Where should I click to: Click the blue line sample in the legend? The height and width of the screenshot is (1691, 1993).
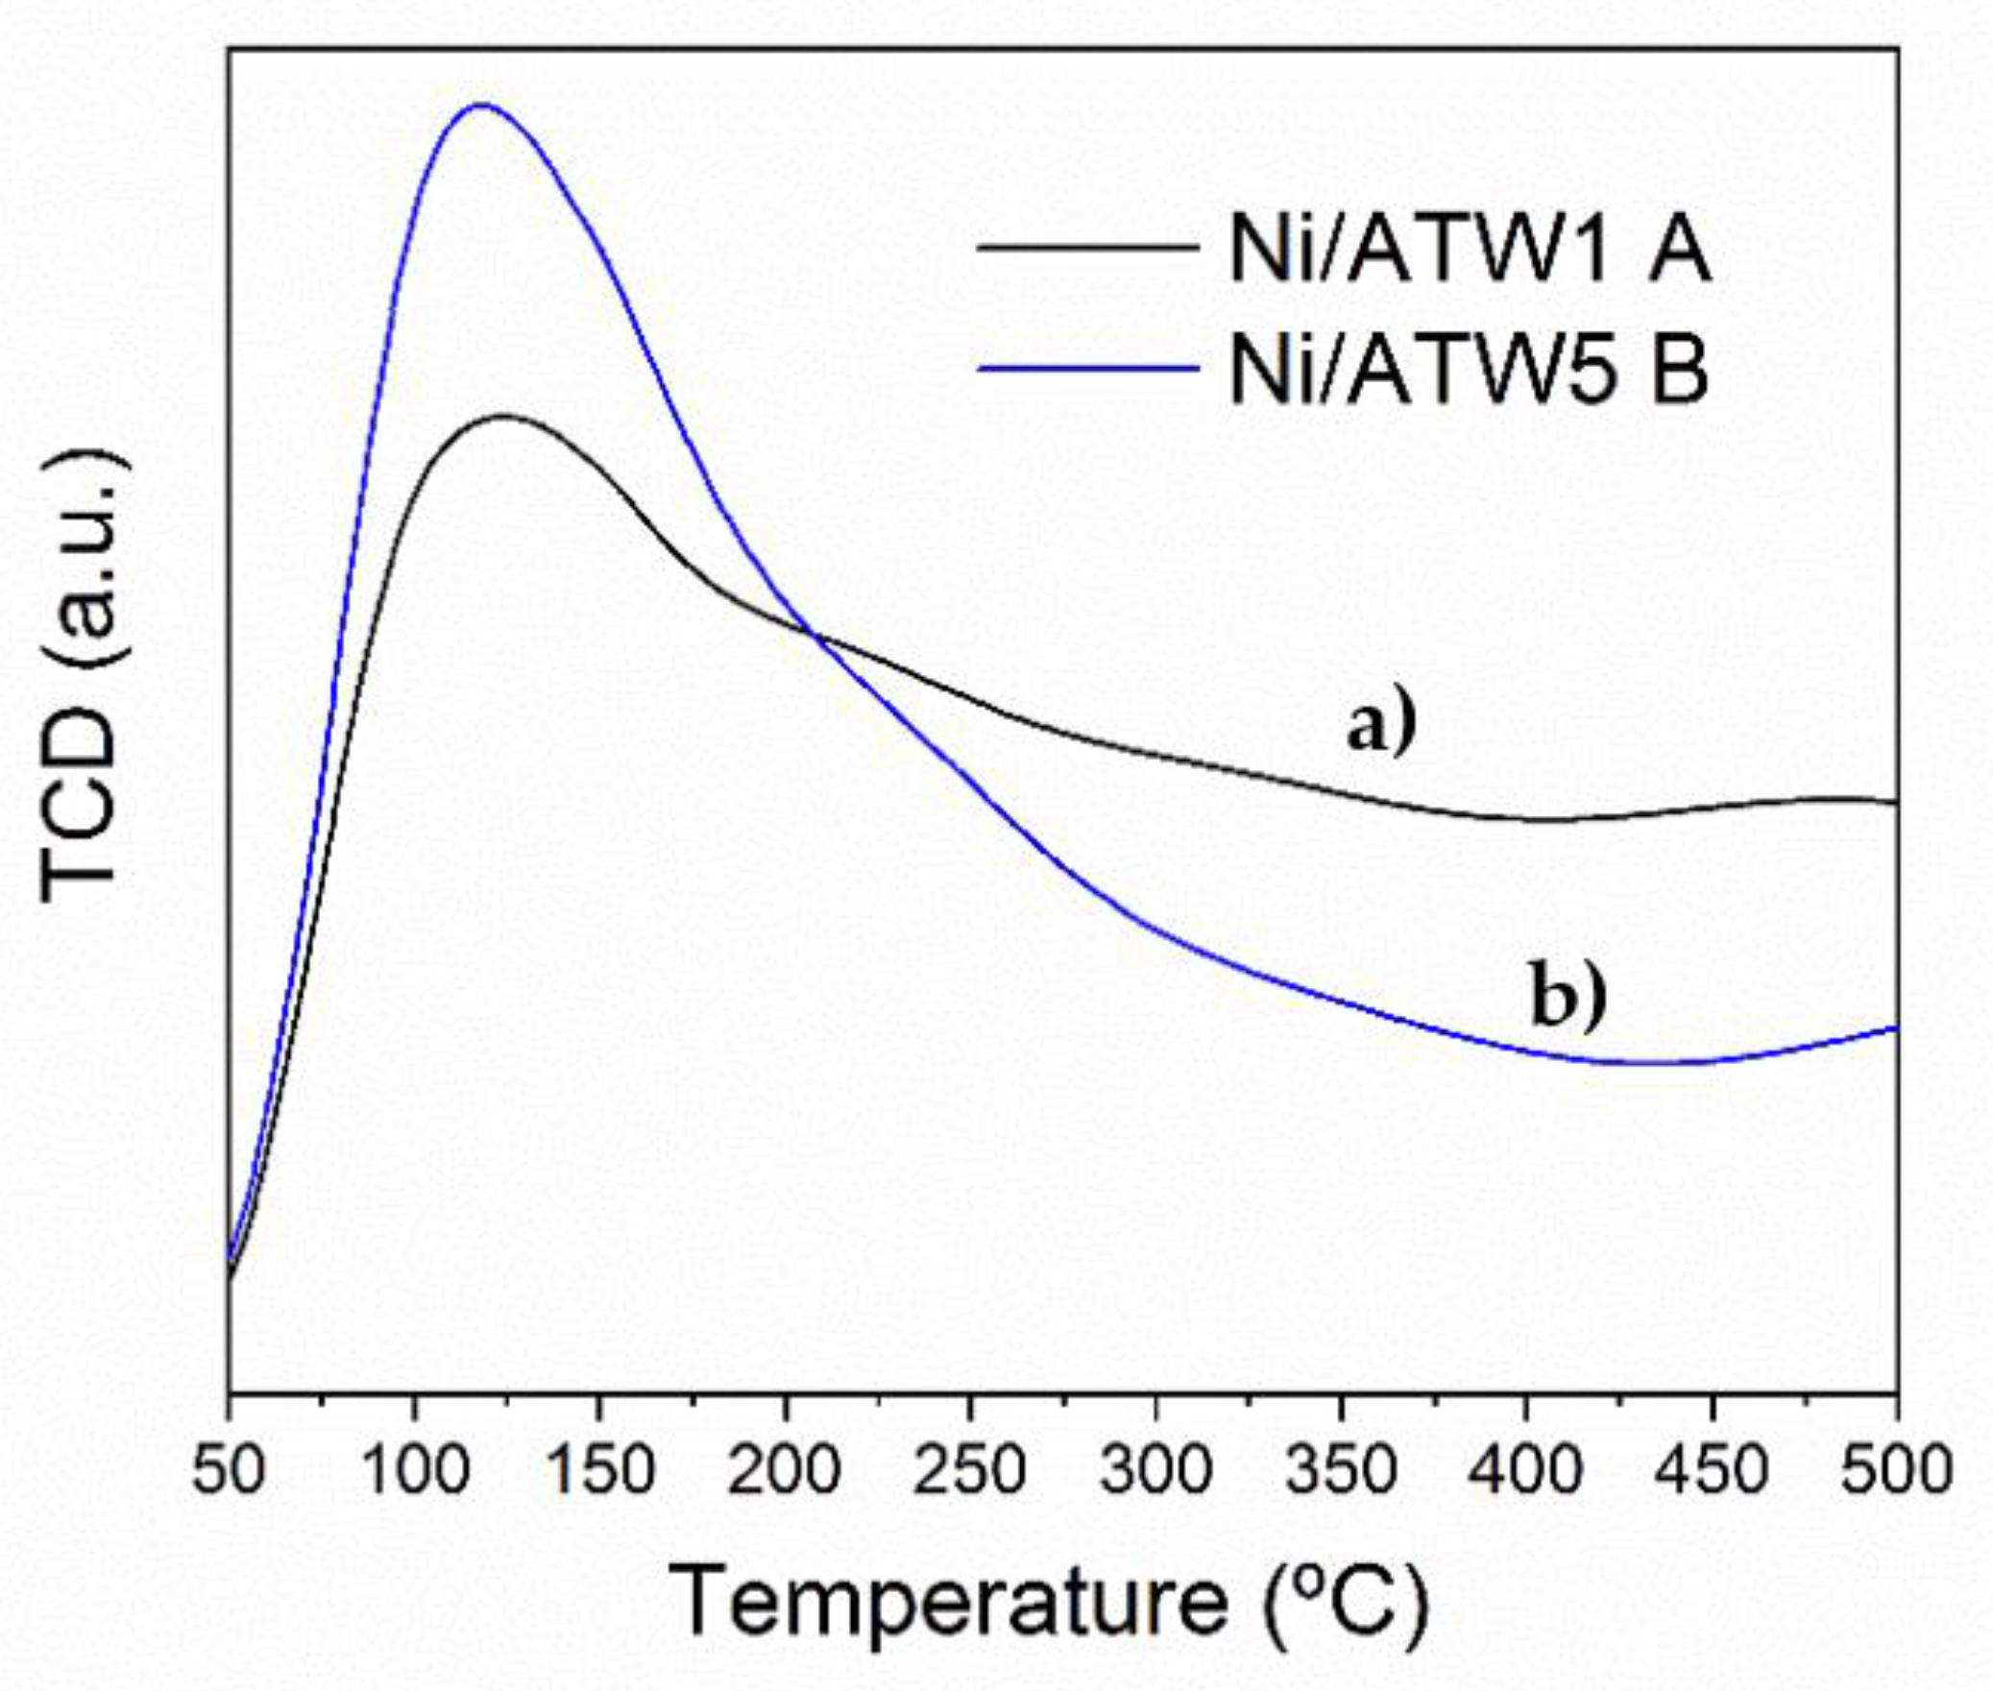(x=1088, y=367)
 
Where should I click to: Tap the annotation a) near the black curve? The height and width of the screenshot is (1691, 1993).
(x=1381, y=726)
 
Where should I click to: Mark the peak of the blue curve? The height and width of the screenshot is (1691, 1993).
(x=481, y=105)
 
